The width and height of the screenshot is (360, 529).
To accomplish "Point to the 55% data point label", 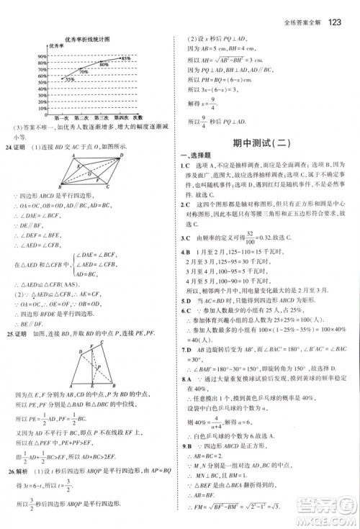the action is (x=70, y=80).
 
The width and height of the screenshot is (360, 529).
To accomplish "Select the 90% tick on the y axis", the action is (x=43, y=55).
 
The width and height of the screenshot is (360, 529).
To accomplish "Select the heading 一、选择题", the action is (x=197, y=158).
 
